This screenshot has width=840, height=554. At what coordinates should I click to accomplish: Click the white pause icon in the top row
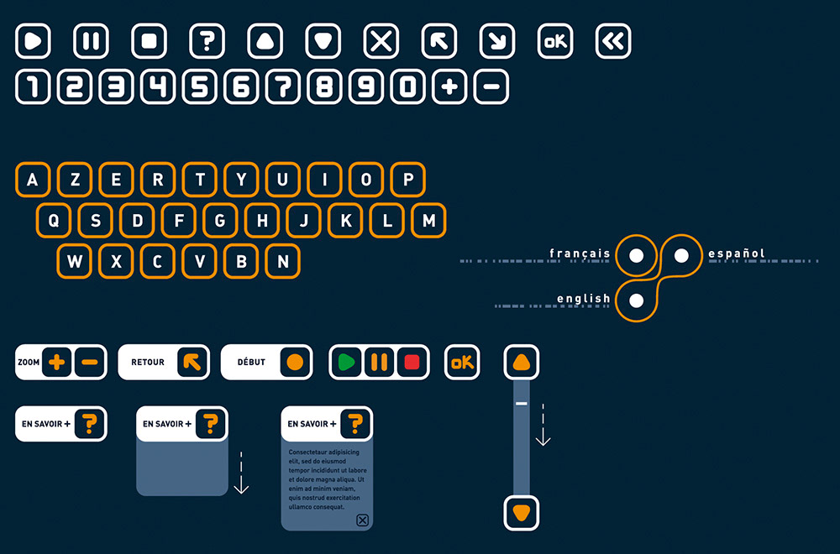pos(92,41)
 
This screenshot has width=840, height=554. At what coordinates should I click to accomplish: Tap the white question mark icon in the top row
pos(207,41)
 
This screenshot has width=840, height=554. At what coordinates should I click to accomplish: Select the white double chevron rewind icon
pos(613,41)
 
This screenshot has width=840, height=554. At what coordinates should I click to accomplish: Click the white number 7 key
pos(283,86)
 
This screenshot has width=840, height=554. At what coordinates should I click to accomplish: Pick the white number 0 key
pos(408,86)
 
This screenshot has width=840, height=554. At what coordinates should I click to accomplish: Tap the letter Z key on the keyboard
pos(75,180)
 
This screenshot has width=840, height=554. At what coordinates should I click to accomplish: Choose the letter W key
pos(75,262)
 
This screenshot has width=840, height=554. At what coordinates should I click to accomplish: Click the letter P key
pos(408,180)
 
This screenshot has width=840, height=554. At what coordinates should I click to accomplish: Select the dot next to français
pos(637,254)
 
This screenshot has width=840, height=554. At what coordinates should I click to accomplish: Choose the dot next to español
pos(681,254)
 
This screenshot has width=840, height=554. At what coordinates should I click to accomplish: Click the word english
pos(583,299)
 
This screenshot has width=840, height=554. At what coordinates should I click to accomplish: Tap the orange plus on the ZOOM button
pos(56,363)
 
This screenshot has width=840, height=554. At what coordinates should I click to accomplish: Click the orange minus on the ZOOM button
pos(90,363)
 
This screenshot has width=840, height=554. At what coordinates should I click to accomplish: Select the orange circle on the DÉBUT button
pos(295,363)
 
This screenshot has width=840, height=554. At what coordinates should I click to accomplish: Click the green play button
pos(345,363)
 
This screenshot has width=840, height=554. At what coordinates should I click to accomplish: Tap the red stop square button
pos(412,363)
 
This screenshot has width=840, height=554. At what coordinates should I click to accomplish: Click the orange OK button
pos(462,363)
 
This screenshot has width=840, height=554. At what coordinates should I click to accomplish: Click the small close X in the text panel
pos(362,520)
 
